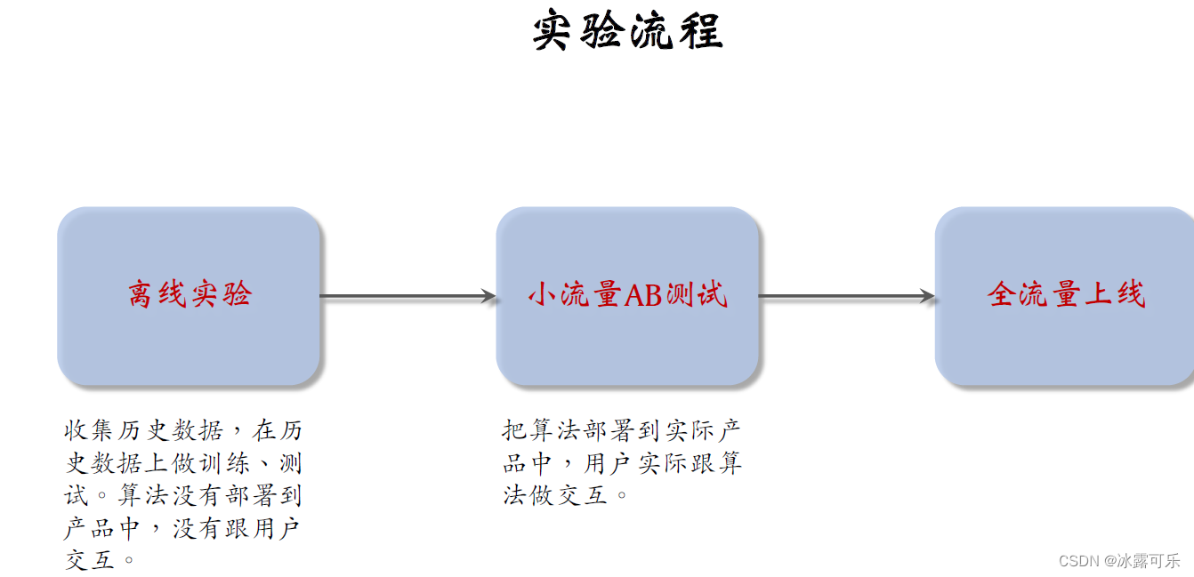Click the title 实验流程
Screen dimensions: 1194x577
coord(628,31)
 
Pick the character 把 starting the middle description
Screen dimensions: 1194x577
coord(515,432)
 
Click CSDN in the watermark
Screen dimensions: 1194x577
coord(1079,561)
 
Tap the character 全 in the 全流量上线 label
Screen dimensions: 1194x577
coord(1002,294)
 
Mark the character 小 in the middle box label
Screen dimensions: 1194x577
coord(543,294)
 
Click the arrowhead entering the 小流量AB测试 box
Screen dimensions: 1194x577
coord(488,296)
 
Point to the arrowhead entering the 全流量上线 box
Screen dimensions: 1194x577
coord(928,296)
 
